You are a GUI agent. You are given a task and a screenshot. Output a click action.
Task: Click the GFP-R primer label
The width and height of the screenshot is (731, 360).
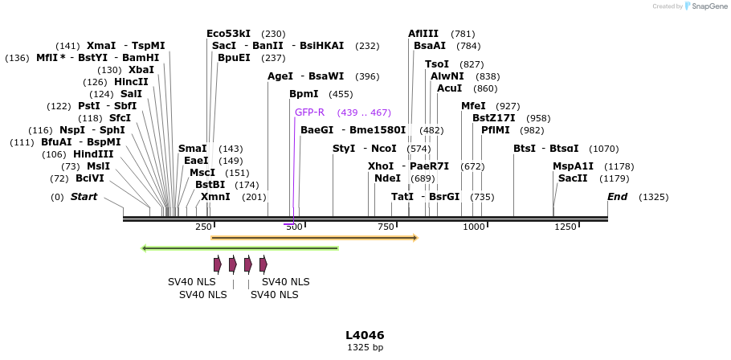click(309, 112)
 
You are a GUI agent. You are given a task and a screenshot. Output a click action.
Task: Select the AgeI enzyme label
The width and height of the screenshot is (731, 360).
click(280, 76)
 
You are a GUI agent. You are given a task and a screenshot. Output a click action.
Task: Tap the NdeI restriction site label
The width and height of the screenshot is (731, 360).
click(387, 178)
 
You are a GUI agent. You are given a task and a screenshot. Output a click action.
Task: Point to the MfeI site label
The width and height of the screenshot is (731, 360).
click(473, 106)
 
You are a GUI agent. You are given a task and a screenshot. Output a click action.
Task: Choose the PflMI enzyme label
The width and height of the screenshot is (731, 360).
click(496, 130)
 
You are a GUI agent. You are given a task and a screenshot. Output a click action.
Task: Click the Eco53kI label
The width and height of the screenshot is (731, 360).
click(228, 34)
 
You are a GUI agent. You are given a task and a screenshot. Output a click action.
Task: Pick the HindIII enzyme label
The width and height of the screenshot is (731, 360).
click(93, 154)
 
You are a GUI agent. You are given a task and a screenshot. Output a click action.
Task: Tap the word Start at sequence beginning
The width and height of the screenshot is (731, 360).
click(84, 197)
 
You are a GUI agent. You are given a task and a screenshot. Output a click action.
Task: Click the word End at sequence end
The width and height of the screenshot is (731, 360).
click(617, 197)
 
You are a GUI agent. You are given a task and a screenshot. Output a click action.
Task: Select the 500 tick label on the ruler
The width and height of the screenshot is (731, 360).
click(294, 227)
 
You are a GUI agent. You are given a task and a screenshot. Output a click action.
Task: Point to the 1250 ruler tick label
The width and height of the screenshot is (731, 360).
click(566, 227)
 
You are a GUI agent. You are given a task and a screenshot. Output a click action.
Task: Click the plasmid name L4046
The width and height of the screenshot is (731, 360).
click(365, 335)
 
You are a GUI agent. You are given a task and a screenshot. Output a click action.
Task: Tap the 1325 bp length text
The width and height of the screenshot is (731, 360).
click(365, 348)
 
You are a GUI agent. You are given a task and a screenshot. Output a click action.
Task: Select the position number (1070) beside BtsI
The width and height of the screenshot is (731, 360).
click(604, 149)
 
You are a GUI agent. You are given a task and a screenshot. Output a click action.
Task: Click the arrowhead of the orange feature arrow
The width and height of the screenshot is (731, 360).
click(415, 238)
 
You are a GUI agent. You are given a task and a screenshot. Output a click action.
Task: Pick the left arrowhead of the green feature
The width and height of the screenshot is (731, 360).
click(144, 248)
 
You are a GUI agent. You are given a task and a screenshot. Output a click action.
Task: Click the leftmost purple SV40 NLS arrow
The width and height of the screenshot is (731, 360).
click(218, 264)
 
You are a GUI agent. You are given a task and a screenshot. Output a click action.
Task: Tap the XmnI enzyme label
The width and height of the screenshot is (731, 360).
click(215, 197)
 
